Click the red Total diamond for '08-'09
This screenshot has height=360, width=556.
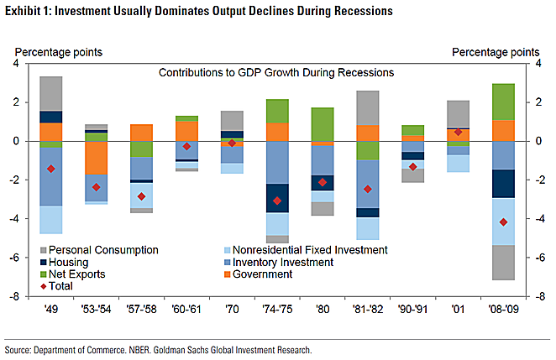point(503,222)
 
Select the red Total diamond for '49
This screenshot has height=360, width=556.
point(52,169)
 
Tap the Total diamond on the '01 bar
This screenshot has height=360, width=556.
point(458,132)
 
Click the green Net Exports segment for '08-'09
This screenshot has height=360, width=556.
point(503,102)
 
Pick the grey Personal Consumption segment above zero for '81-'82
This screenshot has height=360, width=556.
point(368,107)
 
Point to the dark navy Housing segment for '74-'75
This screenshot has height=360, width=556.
point(277,198)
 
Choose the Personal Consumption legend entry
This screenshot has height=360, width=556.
point(100,250)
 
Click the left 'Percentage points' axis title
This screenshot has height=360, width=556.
point(58,52)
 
